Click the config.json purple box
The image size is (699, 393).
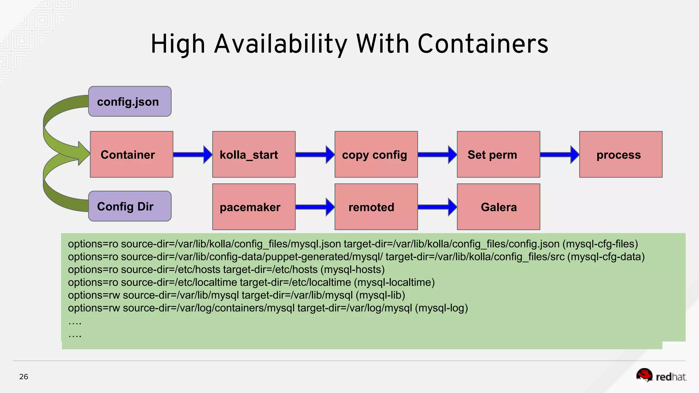[x=130, y=102]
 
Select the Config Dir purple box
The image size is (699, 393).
[x=130, y=206]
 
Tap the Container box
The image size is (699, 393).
[x=131, y=155]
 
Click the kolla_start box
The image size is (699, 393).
[x=254, y=155]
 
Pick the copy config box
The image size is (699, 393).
[x=376, y=155]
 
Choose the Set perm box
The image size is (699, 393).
[x=498, y=155]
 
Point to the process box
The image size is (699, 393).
[x=620, y=155]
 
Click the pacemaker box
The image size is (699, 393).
[x=254, y=207]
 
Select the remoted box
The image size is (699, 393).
[x=376, y=207]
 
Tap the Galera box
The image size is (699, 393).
[x=498, y=207]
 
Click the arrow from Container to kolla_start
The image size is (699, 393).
[x=192, y=155]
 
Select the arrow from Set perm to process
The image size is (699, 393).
[x=559, y=155]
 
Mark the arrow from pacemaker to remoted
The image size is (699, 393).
[x=315, y=207]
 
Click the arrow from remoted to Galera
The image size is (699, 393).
[x=437, y=207]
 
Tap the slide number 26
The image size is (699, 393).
[x=24, y=377]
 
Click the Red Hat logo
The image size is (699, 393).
[x=661, y=376]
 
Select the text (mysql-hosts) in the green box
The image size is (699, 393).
[x=353, y=270]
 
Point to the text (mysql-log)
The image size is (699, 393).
[x=441, y=308]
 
